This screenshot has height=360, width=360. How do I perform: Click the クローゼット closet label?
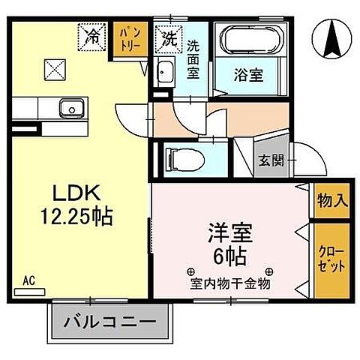331,258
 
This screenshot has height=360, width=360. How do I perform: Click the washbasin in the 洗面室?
166,73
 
